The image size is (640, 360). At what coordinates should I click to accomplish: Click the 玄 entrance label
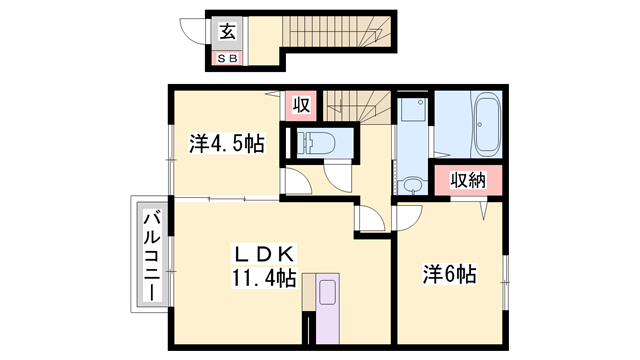pos(228,32)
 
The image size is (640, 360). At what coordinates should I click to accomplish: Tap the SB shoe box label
pos(227,59)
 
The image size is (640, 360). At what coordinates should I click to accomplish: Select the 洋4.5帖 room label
pos(227,143)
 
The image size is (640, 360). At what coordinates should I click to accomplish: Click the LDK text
pos(264,254)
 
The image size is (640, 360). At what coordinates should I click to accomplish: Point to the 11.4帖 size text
pos(264,278)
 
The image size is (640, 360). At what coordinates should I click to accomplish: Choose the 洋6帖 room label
pos(449,274)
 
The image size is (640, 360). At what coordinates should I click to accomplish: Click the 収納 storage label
pos(468,180)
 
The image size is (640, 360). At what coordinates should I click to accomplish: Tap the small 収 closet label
pos(301,105)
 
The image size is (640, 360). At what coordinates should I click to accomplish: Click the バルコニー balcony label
pos(152,256)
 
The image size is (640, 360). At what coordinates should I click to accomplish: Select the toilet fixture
pos(316,143)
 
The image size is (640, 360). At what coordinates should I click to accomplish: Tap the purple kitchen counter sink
pos(327,309)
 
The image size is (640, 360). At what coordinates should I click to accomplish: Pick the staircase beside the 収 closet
pos(357,106)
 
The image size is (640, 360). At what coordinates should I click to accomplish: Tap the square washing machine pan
pos(413,109)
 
